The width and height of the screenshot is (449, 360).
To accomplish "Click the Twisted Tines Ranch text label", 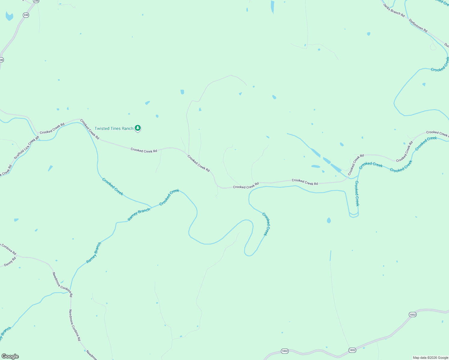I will [x=114, y=128].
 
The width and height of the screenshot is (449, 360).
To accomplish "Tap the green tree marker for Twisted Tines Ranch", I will [x=138, y=128].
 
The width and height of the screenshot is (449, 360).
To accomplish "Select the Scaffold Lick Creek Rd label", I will [x=26, y=148].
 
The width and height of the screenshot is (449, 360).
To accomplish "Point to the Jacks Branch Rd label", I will [x=394, y=10].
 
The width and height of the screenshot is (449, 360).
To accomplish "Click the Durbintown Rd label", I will [x=418, y=25].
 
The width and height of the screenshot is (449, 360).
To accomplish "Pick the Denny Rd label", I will [x=10, y=262].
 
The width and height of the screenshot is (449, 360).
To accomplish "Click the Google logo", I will [x=10, y=356].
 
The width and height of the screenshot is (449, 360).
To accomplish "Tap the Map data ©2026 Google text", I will [x=430, y=358].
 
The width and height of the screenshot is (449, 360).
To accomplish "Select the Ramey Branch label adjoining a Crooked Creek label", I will [x=139, y=214].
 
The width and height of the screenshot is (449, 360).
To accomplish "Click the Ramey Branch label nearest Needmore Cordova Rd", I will [x=94, y=253].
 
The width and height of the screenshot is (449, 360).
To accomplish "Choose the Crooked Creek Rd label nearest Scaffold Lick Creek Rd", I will [x=52, y=128].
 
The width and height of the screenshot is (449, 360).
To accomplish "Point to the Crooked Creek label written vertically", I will [x=357, y=193].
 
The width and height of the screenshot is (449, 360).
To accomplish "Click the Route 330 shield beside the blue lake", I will [x=26, y=15].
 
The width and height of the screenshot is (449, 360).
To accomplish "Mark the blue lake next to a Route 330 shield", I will [x=9, y=16].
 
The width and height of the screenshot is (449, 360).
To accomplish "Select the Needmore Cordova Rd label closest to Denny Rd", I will [x=62, y=284].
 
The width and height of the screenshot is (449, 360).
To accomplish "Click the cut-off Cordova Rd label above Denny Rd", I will [x=8, y=249].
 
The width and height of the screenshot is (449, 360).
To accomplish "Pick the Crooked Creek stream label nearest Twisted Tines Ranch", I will [x=113, y=187].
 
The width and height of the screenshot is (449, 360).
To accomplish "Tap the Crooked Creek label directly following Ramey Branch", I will [x=169, y=197].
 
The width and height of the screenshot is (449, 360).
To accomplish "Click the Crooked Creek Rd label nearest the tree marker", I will [x=89, y=129].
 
